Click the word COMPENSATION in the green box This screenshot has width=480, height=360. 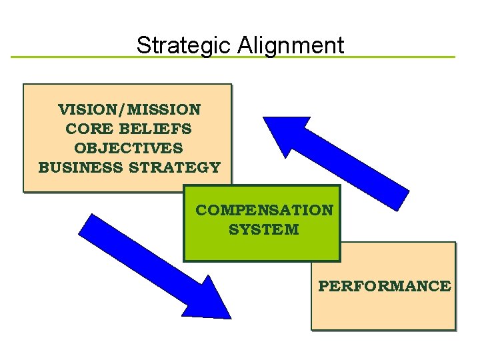pyautogui.click(x=264, y=210)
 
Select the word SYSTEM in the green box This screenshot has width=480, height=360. pyautogui.click(x=264, y=230)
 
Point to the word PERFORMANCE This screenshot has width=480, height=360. pyautogui.click(x=384, y=286)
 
